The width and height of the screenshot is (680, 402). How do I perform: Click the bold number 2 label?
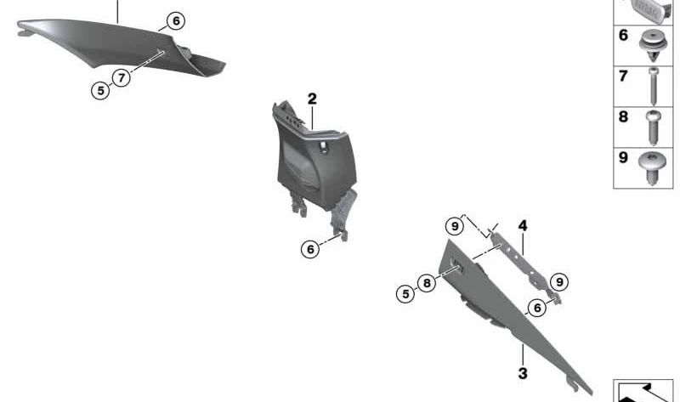click(312, 99)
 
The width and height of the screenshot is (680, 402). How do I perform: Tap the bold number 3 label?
click(523, 373)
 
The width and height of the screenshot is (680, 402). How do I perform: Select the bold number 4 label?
click(523, 225)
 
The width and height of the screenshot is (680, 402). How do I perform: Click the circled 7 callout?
click(122, 77)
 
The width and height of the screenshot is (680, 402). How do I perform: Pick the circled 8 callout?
click(427, 283)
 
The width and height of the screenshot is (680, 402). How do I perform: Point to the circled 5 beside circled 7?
click(100, 91)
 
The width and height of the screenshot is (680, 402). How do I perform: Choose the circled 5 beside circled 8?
click(405, 294)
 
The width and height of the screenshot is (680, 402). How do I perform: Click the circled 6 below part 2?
click(310, 249)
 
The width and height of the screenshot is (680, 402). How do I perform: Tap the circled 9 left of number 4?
click(455, 226)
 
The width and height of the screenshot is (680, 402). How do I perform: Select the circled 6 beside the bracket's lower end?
click(537, 308)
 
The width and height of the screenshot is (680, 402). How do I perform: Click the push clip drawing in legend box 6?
click(653, 46)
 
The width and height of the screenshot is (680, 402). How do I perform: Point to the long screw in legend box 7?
click(654, 86)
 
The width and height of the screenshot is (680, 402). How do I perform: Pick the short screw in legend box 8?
click(654, 127)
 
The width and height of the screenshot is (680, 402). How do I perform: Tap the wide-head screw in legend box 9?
click(652, 167)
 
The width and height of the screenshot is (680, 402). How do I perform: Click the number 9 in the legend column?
click(623, 157)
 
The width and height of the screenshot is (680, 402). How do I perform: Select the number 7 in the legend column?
click(623, 76)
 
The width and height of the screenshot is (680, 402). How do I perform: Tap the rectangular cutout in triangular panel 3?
click(457, 265)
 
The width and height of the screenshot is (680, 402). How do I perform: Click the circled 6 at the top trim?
click(176, 20)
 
